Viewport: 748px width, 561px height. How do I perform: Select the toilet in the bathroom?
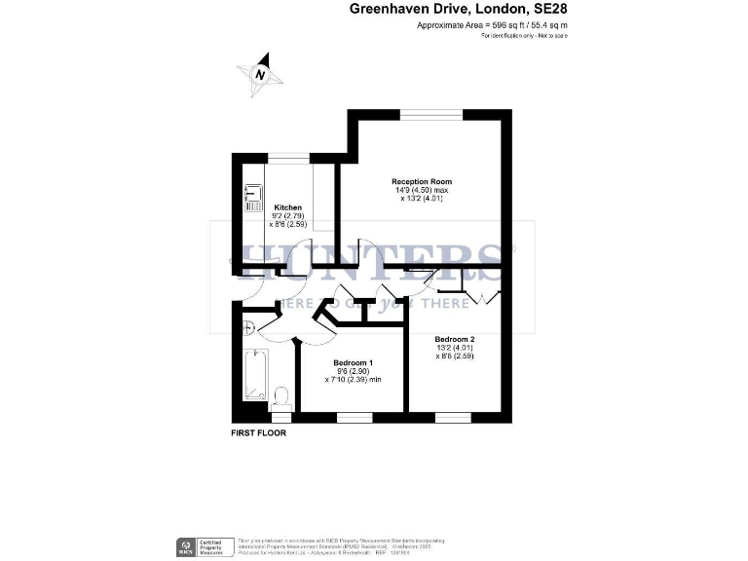tap(282, 395)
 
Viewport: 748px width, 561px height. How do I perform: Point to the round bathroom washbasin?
tap(248, 327)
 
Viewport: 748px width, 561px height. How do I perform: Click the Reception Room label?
tap(422, 182)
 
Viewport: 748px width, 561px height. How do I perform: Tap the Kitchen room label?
tap(287, 207)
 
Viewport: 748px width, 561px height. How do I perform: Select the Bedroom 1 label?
tap(353, 361)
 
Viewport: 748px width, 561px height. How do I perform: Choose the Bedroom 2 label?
tap(455, 338)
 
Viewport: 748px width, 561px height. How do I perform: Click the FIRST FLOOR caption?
tap(258, 432)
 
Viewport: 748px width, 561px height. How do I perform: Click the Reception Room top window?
tap(431, 115)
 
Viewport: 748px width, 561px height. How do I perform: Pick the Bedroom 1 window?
tap(353, 416)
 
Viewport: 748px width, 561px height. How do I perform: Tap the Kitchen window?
tap(288, 156)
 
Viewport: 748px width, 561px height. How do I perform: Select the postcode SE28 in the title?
tap(548, 10)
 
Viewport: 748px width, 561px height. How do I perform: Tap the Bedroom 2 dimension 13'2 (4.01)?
tap(455, 347)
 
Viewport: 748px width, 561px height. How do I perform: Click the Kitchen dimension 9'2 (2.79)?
tap(287, 216)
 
